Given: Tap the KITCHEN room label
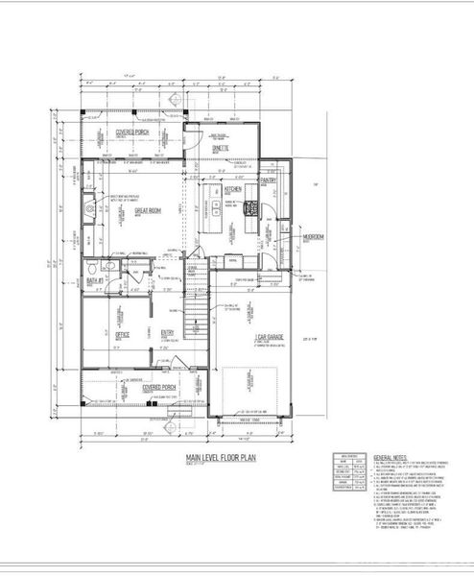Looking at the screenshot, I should tap(233, 190).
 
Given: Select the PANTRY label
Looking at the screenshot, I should tap(268, 180).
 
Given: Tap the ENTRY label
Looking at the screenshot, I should tap(167, 333).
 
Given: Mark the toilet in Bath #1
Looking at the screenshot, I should tap(91, 269).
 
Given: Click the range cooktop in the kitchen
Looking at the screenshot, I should tap(252, 206).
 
